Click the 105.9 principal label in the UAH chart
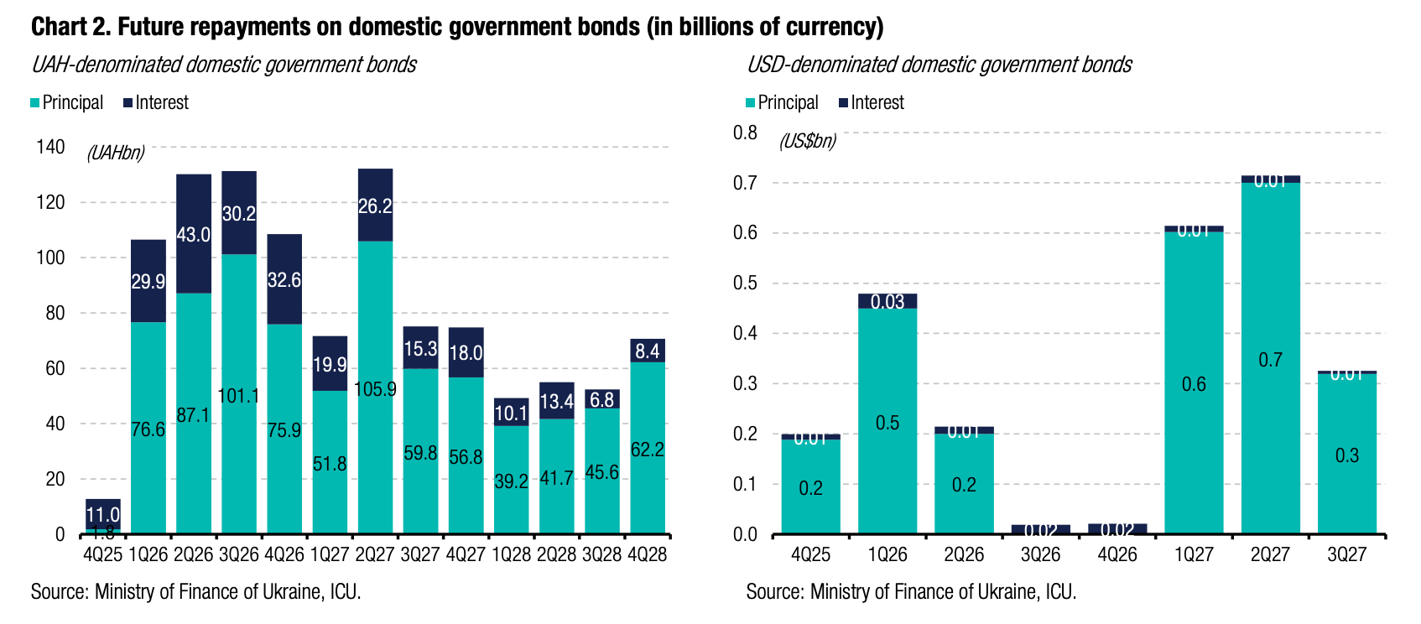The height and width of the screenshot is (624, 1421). click(x=375, y=390)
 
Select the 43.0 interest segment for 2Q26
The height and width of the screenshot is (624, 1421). click(x=194, y=234)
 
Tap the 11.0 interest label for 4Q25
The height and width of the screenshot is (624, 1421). click(x=103, y=514)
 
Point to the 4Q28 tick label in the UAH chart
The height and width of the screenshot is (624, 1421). click(x=647, y=554)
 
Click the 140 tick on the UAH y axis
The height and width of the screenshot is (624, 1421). click(x=50, y=147)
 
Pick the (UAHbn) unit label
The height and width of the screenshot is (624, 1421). click(x=116, y=153)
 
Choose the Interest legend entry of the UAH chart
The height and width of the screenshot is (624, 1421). click(x=156, y=102)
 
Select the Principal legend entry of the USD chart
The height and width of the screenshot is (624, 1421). click(x=782, y=102)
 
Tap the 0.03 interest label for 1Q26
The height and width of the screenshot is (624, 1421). click(x=887, y=302)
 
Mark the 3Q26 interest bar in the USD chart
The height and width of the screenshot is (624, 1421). click(x=1041, y=529)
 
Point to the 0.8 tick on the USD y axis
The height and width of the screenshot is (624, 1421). click(x=745, y=133)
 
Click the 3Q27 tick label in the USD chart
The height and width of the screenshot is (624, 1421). click(x=1346, y=554)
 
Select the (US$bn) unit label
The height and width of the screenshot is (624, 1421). click(x=808, y=141)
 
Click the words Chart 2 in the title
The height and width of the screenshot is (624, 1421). click(x=70, y=27)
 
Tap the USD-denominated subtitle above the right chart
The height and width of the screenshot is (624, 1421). click(x=940, y=65)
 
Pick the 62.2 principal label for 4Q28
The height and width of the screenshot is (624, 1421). click(x=647, y=450)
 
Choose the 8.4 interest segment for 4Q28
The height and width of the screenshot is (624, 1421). click(x=647, y=351)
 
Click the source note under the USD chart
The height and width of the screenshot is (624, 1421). click(x=911, y=592)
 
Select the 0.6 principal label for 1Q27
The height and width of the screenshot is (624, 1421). click(x=1194, y=384)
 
